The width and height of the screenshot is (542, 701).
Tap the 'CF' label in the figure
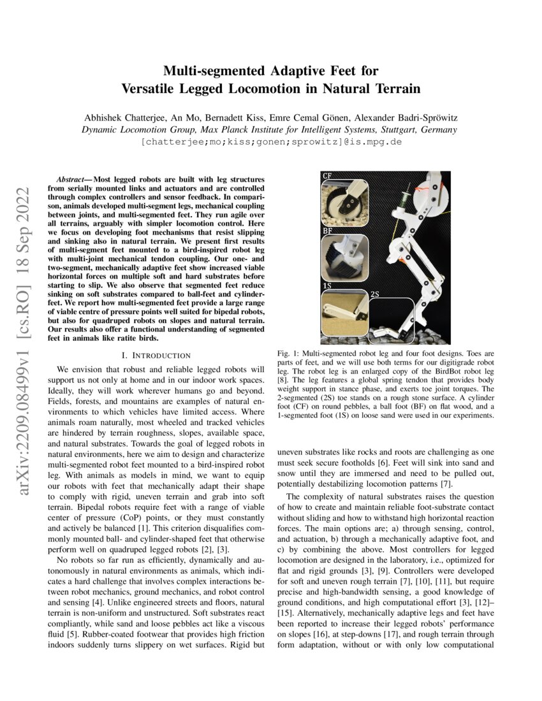click(x=326, y=176)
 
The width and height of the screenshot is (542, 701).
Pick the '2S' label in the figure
click(x=376, y=294)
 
